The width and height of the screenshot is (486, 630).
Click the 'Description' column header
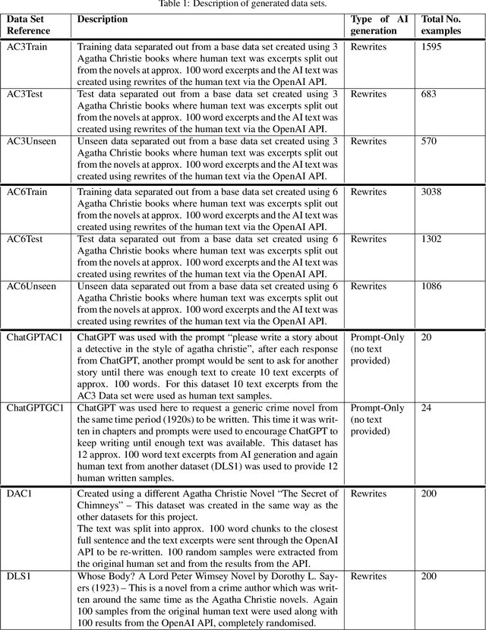(x=102, y=20)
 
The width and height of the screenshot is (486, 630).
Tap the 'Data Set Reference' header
(x=28, y=25)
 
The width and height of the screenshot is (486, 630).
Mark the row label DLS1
(x=18, y=577)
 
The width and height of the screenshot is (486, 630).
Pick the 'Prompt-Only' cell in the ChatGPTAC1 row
(x=377, y=337)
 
